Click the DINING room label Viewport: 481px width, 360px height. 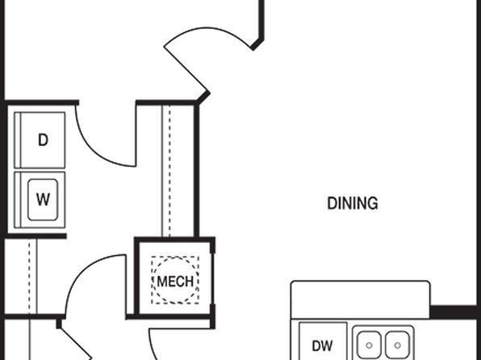[353, 203]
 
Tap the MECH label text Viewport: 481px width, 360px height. [175, 281]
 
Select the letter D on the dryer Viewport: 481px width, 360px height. [44, 140]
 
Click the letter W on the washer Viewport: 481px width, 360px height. [43, 199]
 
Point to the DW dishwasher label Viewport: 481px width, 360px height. [322, 346]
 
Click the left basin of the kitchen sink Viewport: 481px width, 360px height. [370, 345]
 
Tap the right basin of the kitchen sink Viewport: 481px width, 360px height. [397, 345]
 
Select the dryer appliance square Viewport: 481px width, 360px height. [40, 140]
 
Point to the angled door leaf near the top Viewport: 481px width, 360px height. [186, 69]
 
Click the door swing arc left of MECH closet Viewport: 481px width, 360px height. [81, 270]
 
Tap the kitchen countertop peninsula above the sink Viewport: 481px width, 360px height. [361, 299]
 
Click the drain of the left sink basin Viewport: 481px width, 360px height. [370, 345]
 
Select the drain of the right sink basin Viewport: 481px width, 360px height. [397, 345]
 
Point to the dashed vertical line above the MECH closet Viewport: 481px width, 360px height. [169, 170]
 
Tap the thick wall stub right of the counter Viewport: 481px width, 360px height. [455, 312]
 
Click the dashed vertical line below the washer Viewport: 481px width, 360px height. [29, 276]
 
